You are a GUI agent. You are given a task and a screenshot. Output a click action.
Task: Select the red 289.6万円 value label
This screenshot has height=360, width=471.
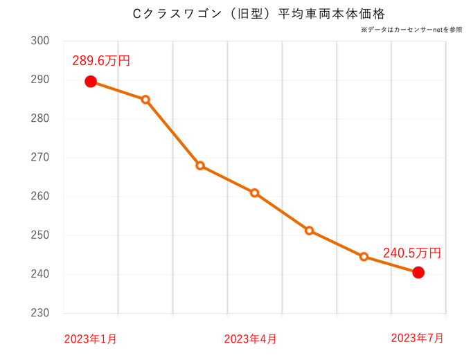101,61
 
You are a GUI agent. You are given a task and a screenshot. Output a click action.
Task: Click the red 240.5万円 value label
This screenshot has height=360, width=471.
411,253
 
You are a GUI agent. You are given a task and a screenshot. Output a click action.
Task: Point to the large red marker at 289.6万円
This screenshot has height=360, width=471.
91,82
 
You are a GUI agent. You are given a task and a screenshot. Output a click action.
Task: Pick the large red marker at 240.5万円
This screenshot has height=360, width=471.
418,273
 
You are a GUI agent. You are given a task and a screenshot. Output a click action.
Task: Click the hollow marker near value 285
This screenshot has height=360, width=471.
145,100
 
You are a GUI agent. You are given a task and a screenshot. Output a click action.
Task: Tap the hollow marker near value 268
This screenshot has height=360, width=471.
200,165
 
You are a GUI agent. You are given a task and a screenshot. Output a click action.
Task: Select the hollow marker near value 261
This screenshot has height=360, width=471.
255,193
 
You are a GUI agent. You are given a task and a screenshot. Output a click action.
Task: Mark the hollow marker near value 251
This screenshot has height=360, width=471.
309,231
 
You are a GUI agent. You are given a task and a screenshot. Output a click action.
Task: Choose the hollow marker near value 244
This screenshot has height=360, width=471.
364,257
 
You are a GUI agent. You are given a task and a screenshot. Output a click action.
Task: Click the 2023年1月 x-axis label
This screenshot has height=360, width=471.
90,339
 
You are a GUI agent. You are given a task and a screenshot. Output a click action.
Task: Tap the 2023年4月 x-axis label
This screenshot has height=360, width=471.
250,339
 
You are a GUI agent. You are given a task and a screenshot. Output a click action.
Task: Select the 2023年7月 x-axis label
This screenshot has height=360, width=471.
417,338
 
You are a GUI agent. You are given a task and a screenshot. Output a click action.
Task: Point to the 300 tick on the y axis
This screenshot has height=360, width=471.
40,41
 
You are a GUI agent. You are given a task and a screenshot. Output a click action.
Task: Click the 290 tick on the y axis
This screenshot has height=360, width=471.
40,80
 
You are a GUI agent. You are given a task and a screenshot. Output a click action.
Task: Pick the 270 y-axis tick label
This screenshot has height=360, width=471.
40,158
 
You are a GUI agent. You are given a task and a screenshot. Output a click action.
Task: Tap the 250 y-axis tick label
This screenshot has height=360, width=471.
40,235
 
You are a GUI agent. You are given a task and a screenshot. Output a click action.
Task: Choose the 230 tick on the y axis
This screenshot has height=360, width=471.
40,314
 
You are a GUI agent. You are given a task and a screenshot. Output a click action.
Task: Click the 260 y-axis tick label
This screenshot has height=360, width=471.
40,197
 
